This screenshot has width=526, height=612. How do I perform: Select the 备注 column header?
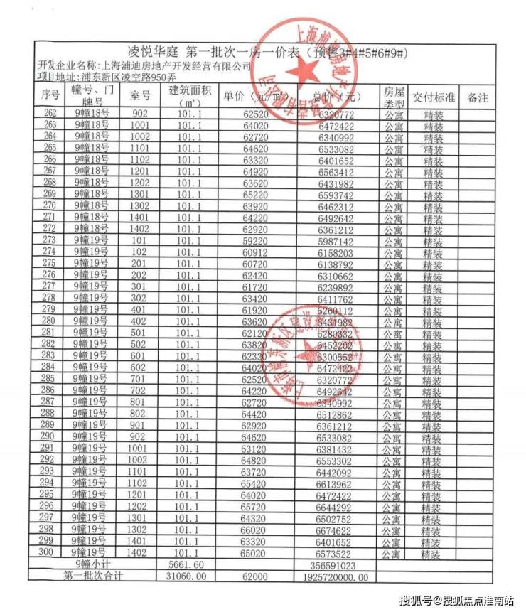tap(478, 99)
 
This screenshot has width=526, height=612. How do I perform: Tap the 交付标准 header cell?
tap(433, 99)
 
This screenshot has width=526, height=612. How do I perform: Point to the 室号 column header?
tap(140, 97)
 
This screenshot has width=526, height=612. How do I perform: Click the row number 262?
tap(50, 114)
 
